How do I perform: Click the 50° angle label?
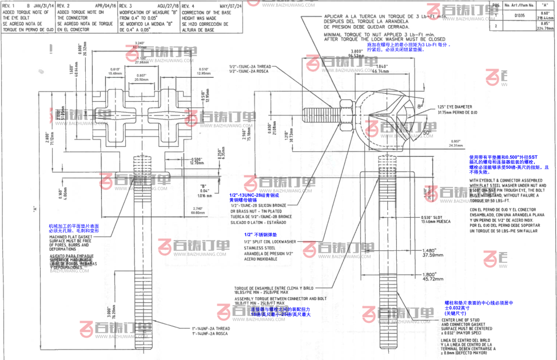pos(426,132)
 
